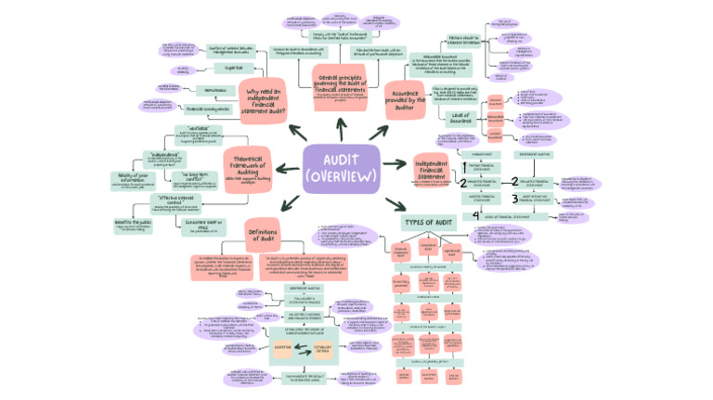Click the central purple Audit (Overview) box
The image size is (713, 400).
click(x=341, y=169)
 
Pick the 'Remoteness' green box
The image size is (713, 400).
click(x=214, y=89)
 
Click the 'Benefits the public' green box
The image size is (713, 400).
click(x=133, y=226)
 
